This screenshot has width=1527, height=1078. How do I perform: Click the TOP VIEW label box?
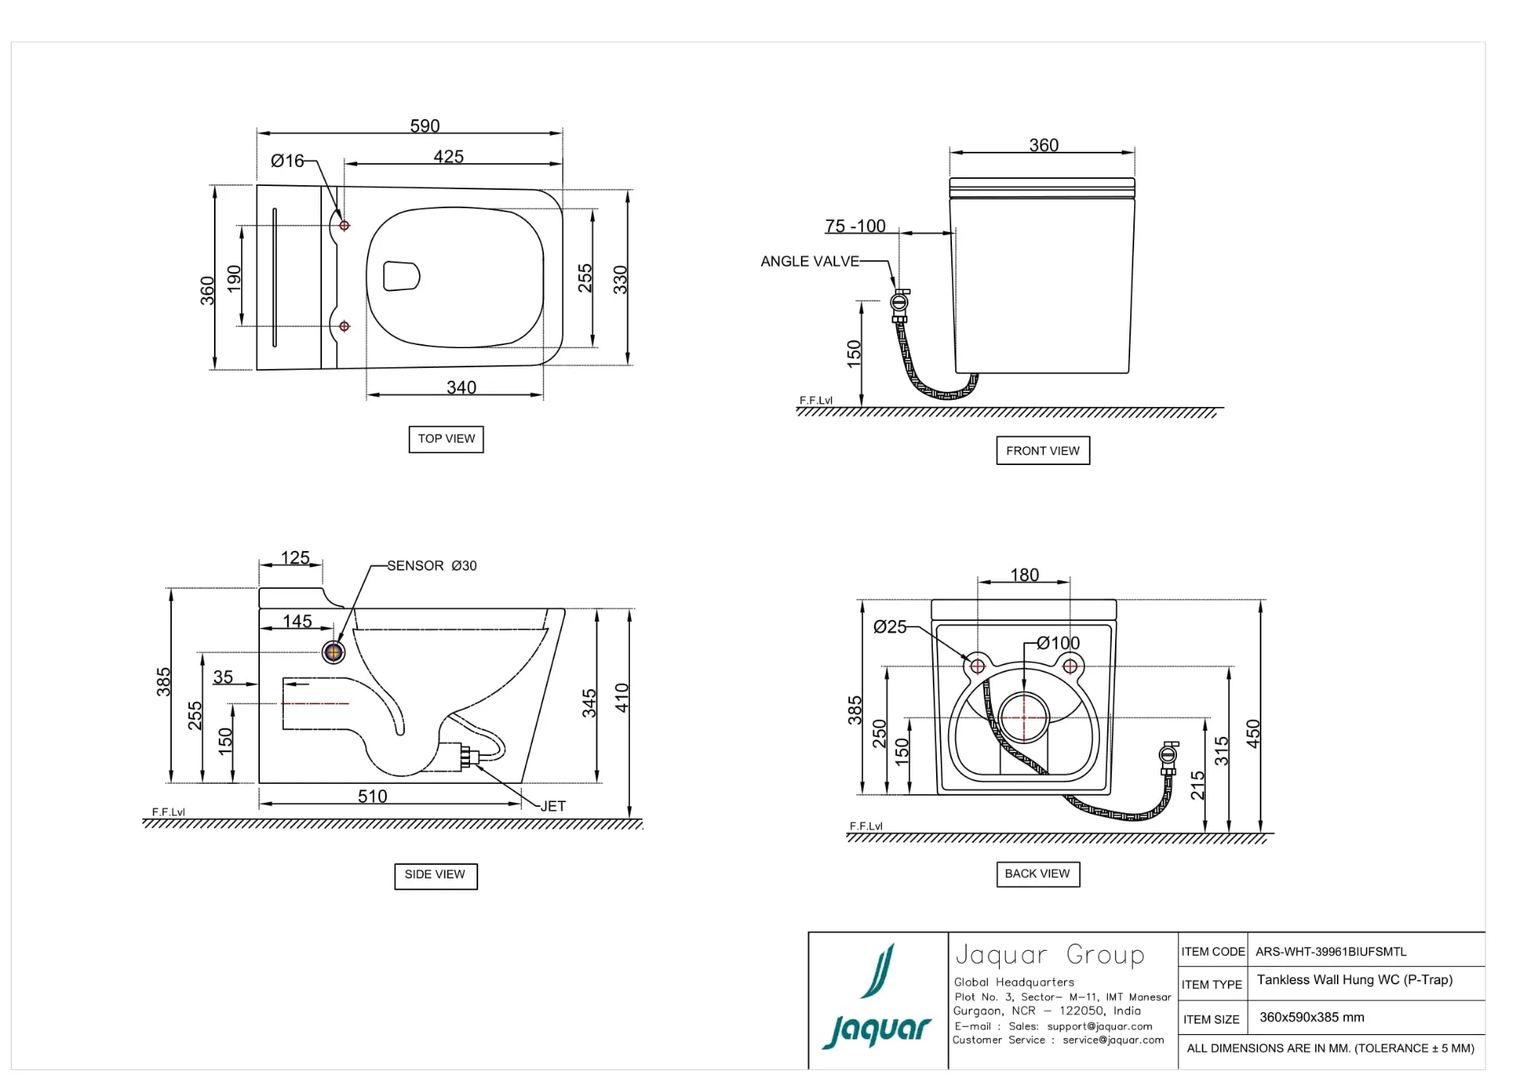point(446,439)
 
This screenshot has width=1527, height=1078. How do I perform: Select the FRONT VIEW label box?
point(1043,451)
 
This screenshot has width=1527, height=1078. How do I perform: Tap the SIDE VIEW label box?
point(435,874)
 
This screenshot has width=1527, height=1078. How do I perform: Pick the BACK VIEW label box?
point(1037,874)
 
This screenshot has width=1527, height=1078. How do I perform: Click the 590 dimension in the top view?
point(425,126)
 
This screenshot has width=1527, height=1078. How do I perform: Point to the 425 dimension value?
point(449,157)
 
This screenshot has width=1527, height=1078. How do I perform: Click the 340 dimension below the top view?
point(461,387)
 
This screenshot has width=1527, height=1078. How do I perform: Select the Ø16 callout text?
point(287,161)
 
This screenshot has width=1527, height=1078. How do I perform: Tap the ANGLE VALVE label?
point(810,262)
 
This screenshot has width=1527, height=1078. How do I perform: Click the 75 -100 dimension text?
point(855,227)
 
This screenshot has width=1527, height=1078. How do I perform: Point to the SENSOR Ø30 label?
point(432,566)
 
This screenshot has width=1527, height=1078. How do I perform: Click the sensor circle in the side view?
point(333,653)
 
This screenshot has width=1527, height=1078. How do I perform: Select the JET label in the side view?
point(553,806)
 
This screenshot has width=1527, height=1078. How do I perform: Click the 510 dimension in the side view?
point(372,796)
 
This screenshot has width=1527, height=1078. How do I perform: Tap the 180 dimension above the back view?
point(1024,575)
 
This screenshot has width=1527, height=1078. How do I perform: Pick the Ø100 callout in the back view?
point(1059,643)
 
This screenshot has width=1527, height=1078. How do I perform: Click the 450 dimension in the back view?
point(1253,733)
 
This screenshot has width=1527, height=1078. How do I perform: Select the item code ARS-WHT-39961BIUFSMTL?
point(1331,952)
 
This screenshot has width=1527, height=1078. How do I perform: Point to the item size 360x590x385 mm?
point(1311,1018)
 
